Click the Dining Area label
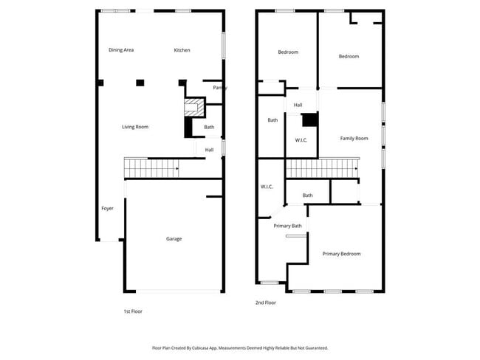[x=121, y=50]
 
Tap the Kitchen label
[x=182, y=50]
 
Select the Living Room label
[x=135, y=127]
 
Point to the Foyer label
[x=108, y=209]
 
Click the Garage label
[x=174, y=239]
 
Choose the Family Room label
[x=354, y=139]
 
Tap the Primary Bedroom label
[x=341, y=254]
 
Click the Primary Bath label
[x=287, y=226]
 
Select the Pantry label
[x=219, y=88]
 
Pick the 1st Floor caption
[x=133, y=311]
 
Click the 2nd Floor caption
[x=266, y=302]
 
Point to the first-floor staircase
[x=151, y=168]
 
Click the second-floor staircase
[x=321, y=169]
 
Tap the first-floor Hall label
[x=210, y=150]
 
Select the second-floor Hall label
[x=298, y=105]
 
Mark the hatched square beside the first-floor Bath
[x=193, y=107]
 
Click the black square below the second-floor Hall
[x=309, y=120]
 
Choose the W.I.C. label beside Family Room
[x=301, y=140]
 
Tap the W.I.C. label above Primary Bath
[x=267, y=187]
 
